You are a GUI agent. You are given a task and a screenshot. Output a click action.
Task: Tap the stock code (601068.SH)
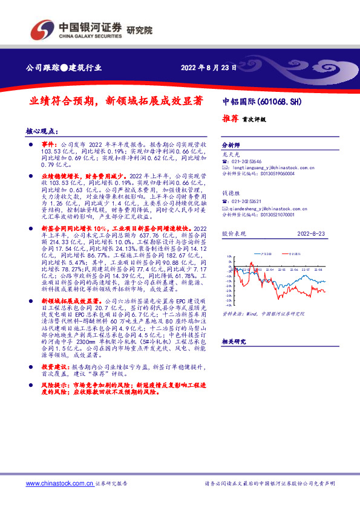280,102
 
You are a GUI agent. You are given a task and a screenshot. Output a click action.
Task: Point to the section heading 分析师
232,146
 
